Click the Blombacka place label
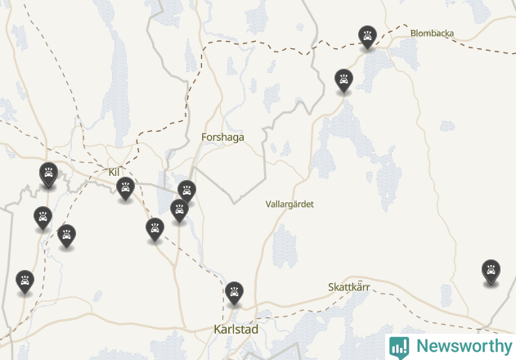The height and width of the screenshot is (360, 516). (432, 34)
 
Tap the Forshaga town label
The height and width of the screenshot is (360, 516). (222, 137)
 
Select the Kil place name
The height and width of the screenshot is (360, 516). (114, 172)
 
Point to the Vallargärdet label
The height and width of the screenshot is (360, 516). (289, 204)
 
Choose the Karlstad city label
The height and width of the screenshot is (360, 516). (235, 329)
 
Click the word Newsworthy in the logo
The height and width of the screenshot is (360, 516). (464, 346)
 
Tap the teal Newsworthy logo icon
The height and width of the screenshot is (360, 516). (399, 347)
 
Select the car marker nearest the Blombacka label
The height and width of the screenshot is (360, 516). (368, 36)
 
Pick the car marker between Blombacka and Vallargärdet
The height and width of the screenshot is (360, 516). (343, 79)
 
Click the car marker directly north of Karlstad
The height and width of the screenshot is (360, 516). (235, 291)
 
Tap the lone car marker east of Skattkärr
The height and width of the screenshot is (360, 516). (491, 270)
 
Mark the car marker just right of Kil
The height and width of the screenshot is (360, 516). (125, 188)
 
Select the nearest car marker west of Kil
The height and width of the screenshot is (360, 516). (49, 173)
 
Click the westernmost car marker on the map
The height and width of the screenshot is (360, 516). (25, 281)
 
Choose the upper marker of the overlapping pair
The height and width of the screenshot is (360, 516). (187, 191)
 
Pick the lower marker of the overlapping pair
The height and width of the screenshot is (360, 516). (179, 209)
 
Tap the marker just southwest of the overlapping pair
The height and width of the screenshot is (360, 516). (155, 228)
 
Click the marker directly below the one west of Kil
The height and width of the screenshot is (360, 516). (43, 217)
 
